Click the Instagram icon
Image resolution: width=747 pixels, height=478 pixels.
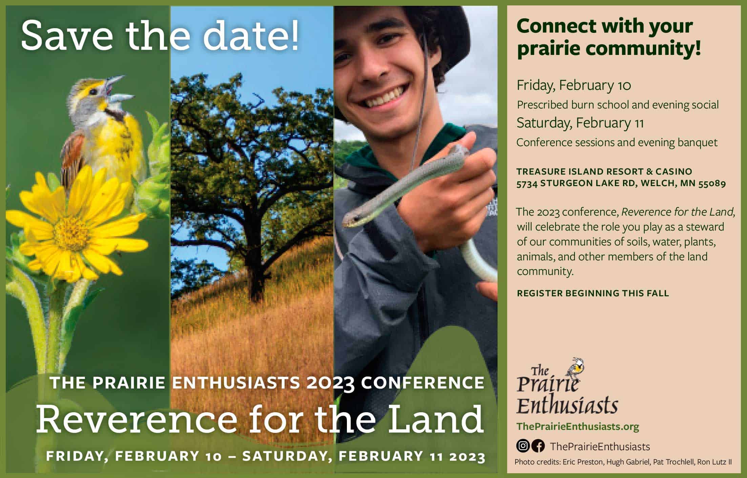523,446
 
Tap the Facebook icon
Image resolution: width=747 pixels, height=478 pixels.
538,446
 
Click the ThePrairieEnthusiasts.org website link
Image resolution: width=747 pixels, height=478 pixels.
578,426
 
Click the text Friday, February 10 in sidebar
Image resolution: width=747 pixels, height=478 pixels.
574,85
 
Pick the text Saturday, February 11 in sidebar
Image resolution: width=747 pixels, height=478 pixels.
580,122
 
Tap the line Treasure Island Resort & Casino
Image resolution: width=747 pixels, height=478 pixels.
604,172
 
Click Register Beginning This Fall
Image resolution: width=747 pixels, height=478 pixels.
593,293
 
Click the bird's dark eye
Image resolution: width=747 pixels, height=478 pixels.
94,92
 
